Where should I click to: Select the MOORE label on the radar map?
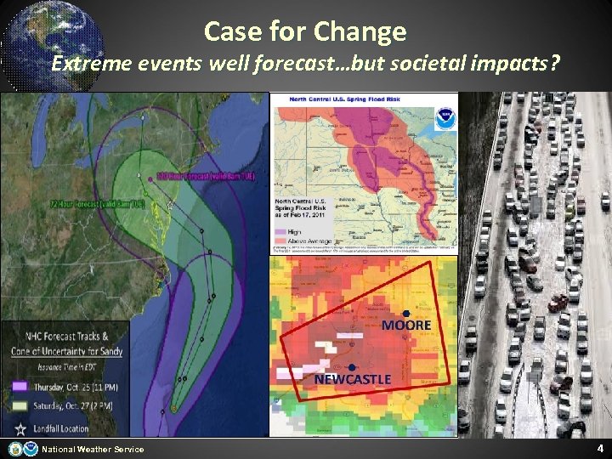coord(406,326)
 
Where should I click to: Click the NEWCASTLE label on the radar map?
coord(353,379)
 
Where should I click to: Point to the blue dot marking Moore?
coord(406,314)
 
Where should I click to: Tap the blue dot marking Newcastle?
coord(350,367)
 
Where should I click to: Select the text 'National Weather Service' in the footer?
coord(93,449)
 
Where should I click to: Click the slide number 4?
coord(599,448)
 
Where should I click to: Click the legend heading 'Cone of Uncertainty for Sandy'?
coord(67,351)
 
